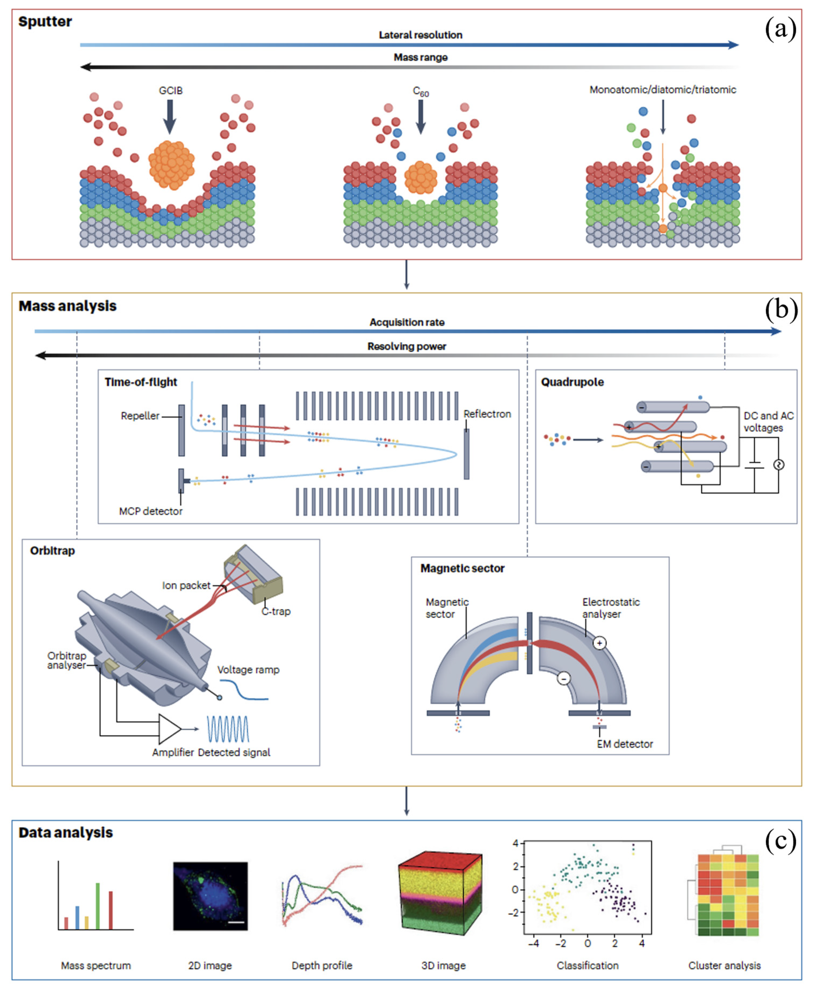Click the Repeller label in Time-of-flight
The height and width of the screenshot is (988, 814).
[x=140, y=415]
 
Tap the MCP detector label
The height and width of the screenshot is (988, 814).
[x=150, y=511]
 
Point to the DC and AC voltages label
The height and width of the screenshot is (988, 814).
[x=768, y=422]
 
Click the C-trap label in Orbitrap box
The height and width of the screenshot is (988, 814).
[x=276, y=611]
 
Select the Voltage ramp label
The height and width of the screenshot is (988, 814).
[x=248, y=669]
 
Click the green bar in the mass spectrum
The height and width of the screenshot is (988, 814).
[x=97, y=906]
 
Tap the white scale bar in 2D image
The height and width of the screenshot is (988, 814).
[x=237, y=923]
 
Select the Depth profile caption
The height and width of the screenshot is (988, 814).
[x=322, y=965]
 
